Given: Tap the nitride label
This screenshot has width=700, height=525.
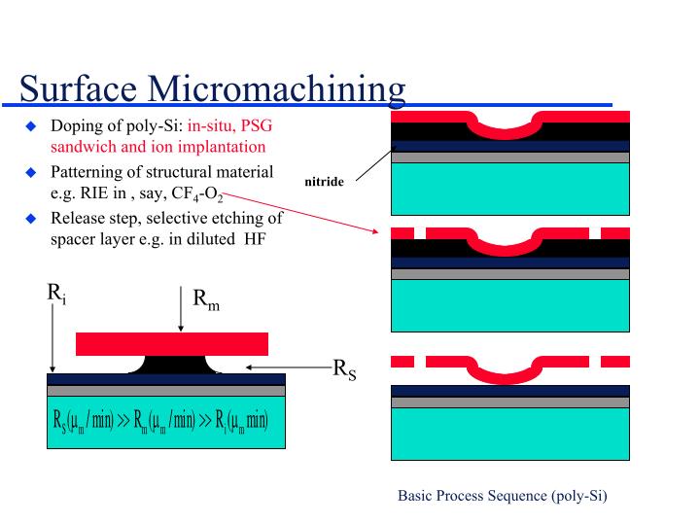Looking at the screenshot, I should [324, 181].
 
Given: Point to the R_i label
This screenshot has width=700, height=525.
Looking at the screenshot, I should [56, 291].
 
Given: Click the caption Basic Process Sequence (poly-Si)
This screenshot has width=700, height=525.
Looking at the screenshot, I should [502, 495].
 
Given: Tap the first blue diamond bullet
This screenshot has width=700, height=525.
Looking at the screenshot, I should [30, 126].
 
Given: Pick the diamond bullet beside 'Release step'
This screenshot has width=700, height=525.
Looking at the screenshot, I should [30, 217].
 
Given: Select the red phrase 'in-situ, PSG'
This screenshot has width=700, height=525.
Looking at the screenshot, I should [230, 125].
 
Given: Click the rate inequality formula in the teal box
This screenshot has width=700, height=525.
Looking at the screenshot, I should [160, 423].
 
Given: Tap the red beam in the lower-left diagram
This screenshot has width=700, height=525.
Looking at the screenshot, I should [172, 343].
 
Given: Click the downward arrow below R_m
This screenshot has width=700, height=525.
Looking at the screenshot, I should [181, 309].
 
